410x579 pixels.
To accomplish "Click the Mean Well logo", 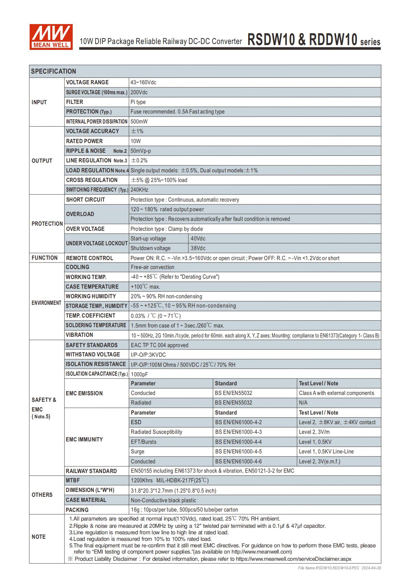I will tap(51, 37).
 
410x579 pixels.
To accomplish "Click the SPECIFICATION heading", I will tap(53, 71).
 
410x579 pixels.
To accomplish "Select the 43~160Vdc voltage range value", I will tap(143, 83).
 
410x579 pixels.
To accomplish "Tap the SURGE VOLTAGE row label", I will tap(96, 92).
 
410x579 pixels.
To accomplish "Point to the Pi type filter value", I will tap(138, 102).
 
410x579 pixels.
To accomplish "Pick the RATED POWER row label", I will tap(84, 141).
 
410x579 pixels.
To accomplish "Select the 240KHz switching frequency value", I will tap(140, 190).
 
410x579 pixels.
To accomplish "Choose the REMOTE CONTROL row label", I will tap(90, 258).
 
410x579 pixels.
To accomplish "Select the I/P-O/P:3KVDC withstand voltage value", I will tap(148, 355).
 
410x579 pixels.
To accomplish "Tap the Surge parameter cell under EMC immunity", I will tap(137, 451).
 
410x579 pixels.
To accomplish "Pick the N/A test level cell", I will tap(303, 403).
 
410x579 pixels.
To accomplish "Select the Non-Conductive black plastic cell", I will tap(163, 500).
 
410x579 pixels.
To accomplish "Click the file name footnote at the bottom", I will tap(339, 568).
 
